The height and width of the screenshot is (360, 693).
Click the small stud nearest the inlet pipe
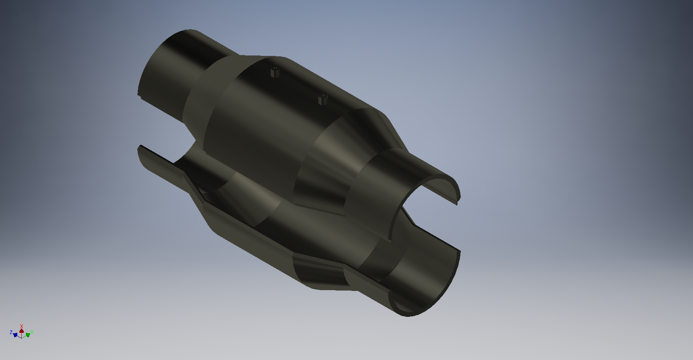(x=275, y=72)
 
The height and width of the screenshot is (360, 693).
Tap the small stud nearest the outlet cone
(x=323, y=99)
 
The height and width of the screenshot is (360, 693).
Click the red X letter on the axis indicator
(x=22, y=326)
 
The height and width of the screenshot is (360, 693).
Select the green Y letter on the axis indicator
(x=32, y=332)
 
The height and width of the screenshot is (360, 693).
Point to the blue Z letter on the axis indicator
(x=11, y=332)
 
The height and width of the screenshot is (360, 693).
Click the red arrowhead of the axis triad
(x=21, y=331)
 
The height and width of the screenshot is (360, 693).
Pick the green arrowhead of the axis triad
(x=28, y=335)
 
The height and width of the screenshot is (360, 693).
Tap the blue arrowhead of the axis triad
(x=15, y=335)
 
